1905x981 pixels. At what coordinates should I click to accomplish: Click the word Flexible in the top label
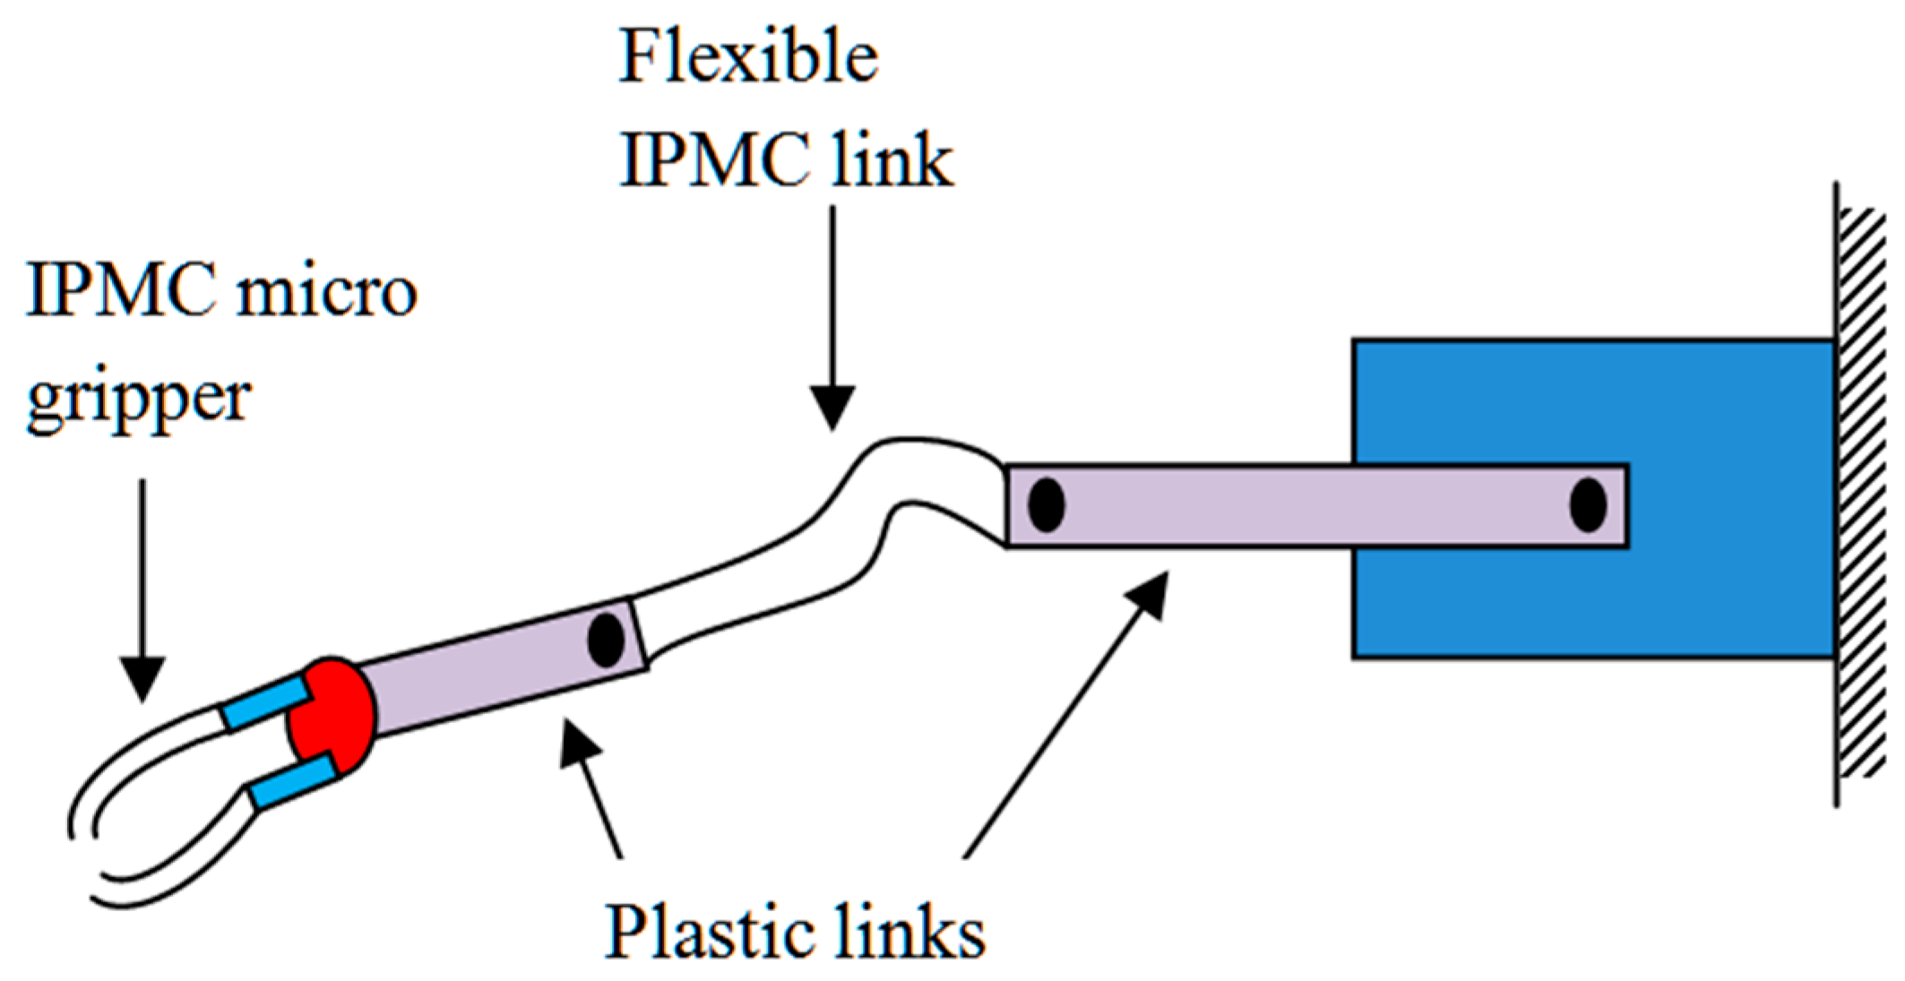click(x=748, y=57)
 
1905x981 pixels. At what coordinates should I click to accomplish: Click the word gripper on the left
click(x=139, y=399)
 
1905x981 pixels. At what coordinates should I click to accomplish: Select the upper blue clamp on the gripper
click(x=266, y=703)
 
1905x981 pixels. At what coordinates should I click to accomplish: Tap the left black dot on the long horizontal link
click(x=1046, y=505)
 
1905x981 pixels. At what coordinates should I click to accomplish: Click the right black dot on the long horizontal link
click(x=1588, y=505)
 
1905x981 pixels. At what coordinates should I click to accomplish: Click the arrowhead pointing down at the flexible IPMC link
click(x=832, y=408)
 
